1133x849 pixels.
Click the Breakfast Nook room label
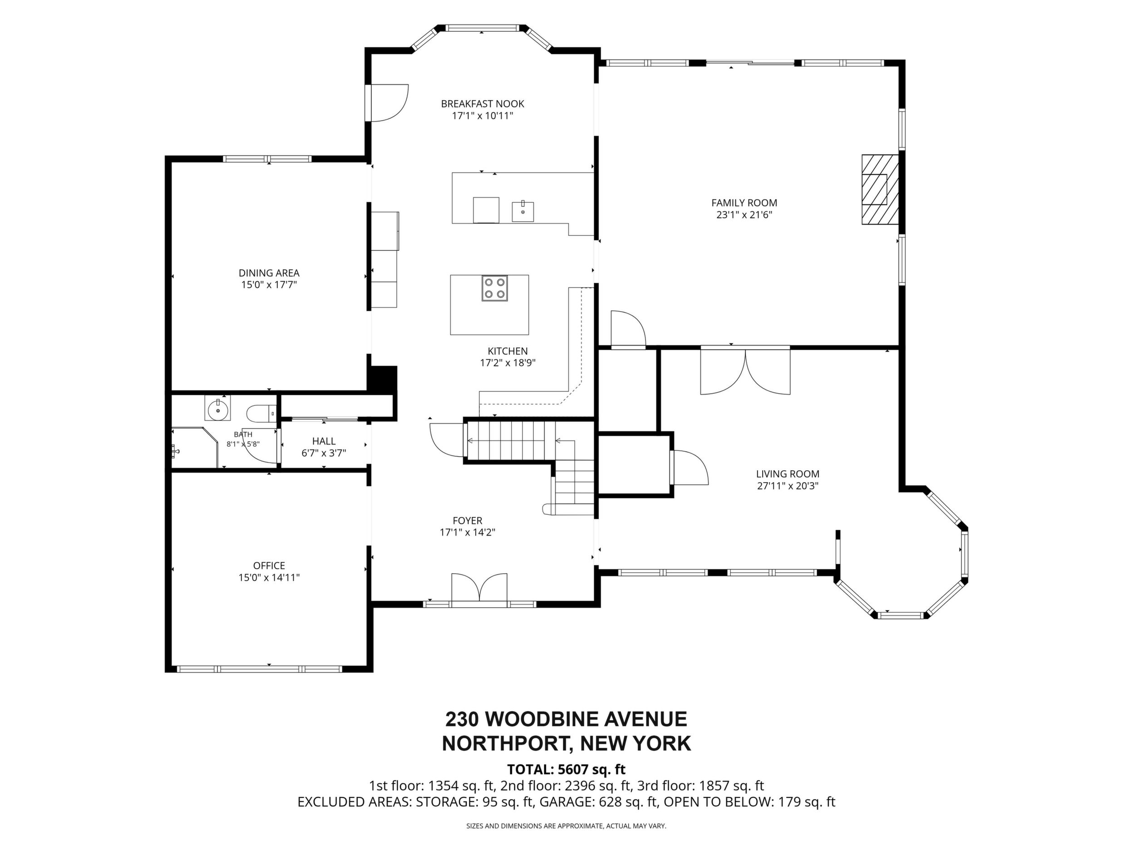483,104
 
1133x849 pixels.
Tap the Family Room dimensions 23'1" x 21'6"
744,215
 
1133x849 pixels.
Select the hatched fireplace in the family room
881,190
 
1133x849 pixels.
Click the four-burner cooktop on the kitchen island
494,288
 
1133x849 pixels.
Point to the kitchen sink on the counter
523,211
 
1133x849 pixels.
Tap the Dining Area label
269,273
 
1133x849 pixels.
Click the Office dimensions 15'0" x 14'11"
269,578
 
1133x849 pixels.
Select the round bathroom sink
218,408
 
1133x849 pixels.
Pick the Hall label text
324,441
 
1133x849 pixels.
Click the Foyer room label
467,521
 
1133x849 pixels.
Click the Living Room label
788,474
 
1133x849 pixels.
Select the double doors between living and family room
745,371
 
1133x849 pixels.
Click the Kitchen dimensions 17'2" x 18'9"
507,363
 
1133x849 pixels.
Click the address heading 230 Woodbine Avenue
566,719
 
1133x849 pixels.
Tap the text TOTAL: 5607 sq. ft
566,769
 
